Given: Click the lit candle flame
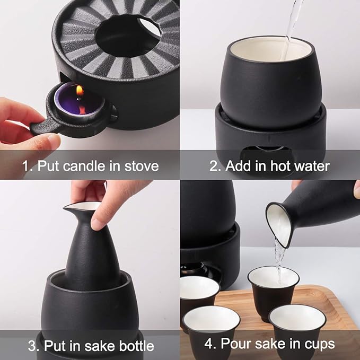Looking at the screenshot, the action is [x=80, y=91].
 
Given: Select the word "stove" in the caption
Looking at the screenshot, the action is [x=142, y=166].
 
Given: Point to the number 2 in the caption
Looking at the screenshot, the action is [x=214, y=166].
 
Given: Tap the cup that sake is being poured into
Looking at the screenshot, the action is [x=273, y=292].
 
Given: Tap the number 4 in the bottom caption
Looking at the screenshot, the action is [x=208, y=344].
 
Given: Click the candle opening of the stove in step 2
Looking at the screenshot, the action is [x=266, y=153].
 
